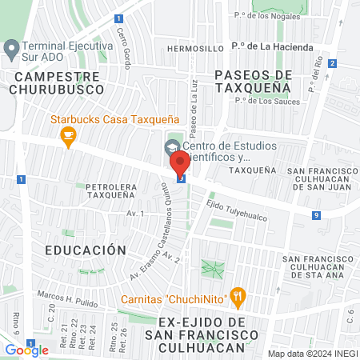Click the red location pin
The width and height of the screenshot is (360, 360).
pyautogui.click(x=180, y=164)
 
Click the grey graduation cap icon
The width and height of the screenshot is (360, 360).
pyautogui.click(x=170, y=147)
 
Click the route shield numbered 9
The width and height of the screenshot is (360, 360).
pyautogui.click(x=318, y=215)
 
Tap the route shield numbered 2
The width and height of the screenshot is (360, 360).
pyautogui.click(x=332, y=63)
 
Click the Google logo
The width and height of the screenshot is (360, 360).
pyautogui.click(x=27, y=350)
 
